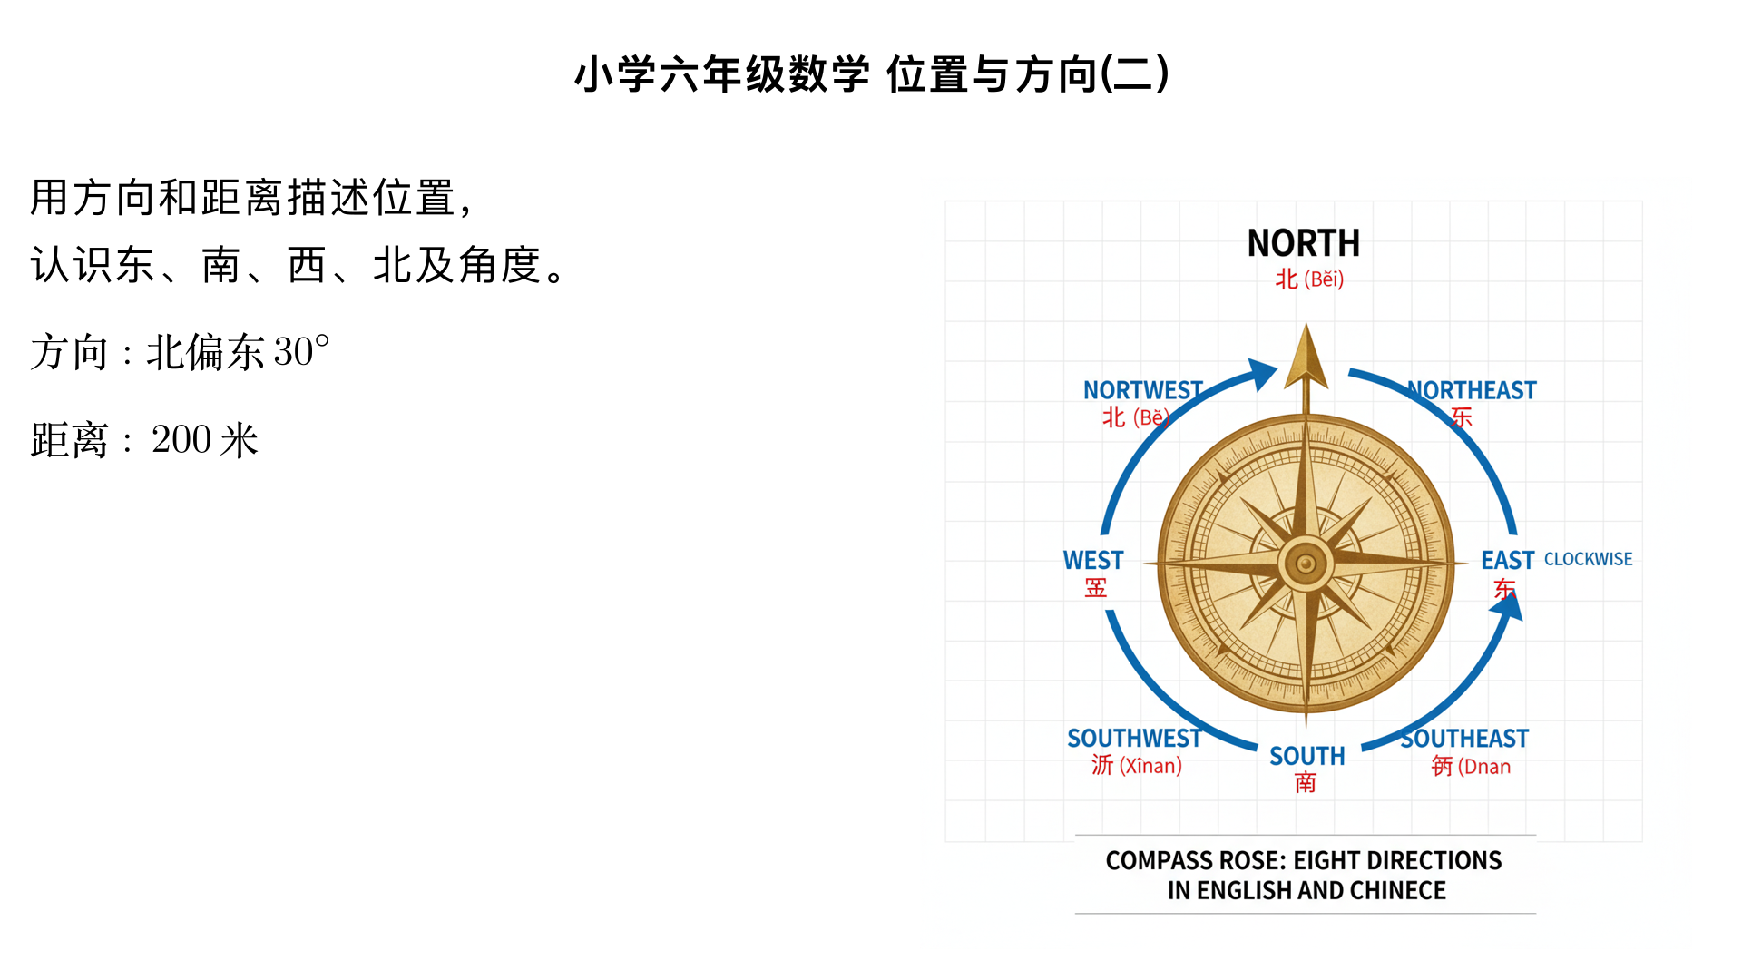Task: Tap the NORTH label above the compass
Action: pos(1304,243)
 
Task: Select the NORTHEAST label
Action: pos(1472,390)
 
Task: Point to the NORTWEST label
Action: pos(1143,390)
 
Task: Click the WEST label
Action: pos(1093,560)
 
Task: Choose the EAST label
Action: pos(1507,560)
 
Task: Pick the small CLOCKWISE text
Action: pos(1588,559)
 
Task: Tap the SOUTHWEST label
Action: pos(1134,739)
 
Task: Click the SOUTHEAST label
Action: pos(1464,739)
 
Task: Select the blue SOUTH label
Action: pos(1306,756)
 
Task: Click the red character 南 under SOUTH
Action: pos(1306,782)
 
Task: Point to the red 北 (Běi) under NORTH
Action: pos(1309,279)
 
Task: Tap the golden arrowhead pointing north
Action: pos(1306,358)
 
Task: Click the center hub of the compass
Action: pos(1306,563)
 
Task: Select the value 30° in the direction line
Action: pos(301,351)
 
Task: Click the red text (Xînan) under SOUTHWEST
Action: pos(1150,766)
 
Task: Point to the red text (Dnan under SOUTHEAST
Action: pos(1484,767)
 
